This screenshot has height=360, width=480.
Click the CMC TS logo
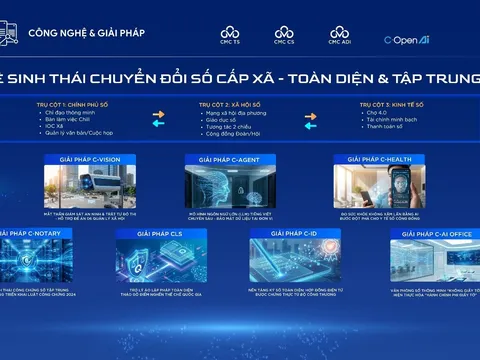tap(230, 37)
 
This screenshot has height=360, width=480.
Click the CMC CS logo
tap(284, 37)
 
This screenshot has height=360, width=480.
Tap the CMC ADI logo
tap(339, 37)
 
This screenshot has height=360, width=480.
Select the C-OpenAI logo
tap(407, 39)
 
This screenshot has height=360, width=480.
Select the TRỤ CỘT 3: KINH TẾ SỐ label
tap(388, 103)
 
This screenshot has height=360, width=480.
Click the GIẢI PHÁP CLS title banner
tap(158, 233)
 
